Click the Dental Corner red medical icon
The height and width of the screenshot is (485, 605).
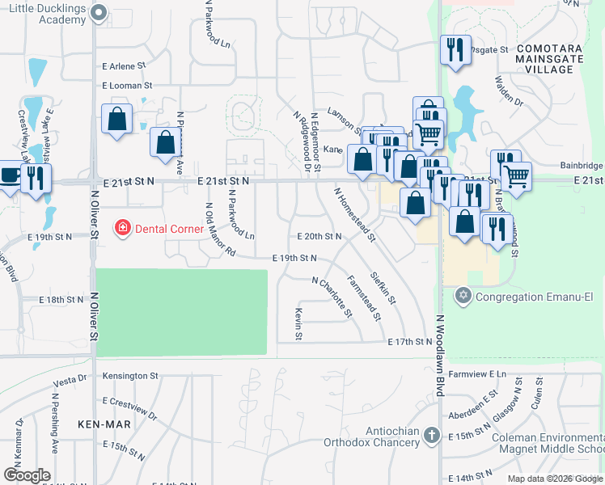[x=123, y=229]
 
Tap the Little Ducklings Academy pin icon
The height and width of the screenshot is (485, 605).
[x=99, y=12]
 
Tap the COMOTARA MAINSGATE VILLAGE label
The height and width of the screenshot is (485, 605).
[x=544, y=59]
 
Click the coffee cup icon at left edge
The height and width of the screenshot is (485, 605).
[x=9, y=175]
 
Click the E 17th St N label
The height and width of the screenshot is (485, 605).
[x=410, y=342]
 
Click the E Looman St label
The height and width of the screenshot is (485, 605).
[x=127, y=85]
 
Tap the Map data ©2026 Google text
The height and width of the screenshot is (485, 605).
[x=554, y=479]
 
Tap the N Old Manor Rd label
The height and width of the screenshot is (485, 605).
[x=218, y=230]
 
